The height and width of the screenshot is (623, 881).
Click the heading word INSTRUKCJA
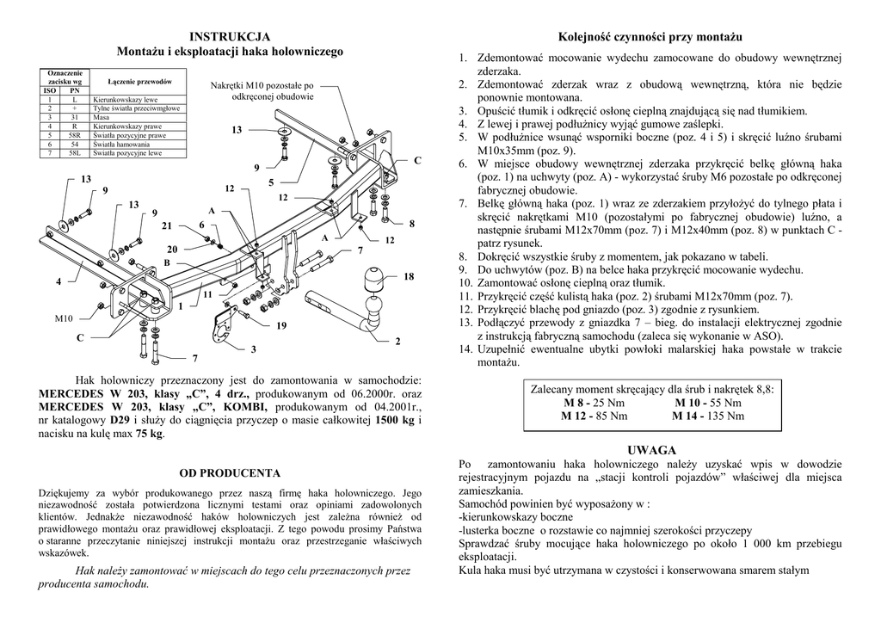pyautogui.click(x=230, y=36)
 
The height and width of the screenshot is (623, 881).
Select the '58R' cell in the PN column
pyautogui.click(x=74, y=136)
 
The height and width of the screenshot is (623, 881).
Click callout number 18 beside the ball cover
pyautogui.click(x=409, y=277)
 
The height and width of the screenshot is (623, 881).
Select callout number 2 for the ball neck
pyautogui.click(x=397, y=342)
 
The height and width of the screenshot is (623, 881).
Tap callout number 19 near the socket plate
pyautogui.click(x=280, y=326)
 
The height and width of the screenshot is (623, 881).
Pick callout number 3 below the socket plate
pyautogui.click(x=253, y=350)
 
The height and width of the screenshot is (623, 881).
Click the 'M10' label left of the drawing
pyautogui.click(x=64, y=319)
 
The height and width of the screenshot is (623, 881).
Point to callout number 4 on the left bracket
pyautogui.click(x=59, y=281)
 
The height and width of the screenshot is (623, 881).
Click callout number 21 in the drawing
pyautogui.click(x=167, y=225)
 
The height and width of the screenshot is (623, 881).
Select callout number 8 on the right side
pyautogui.click(x=412, y=224)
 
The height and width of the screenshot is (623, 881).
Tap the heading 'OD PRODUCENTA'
pyautogui.click(x=230, y=472)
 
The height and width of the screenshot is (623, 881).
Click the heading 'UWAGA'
pyautogui.click(x=651, y=450)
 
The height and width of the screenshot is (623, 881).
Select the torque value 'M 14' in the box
pyautogui.click(x=685, y=416)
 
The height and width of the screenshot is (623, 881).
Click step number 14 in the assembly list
pyautogui.click(x=465, y=349)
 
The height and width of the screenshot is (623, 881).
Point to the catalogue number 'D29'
pyautogui.click(x=120, y=420)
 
